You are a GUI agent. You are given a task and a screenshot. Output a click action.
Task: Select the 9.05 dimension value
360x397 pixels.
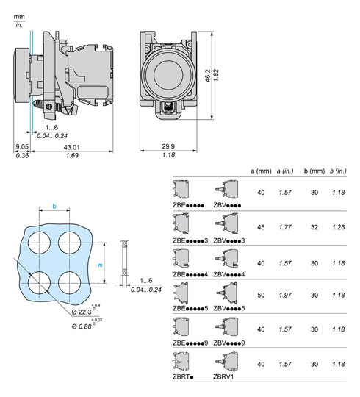coord(22,148)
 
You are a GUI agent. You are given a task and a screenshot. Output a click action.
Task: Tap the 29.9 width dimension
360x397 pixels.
coord(168,148)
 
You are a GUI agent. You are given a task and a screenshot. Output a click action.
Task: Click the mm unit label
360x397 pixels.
coord(18,15)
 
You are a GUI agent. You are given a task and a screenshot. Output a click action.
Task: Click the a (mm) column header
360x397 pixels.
coord(261,172)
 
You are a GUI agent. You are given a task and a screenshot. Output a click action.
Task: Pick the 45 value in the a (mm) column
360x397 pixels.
coord(261,229)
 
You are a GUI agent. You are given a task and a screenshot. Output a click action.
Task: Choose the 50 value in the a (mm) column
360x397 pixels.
coord(261,296)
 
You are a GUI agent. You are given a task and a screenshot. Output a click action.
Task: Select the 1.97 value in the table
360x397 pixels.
coord(285,296)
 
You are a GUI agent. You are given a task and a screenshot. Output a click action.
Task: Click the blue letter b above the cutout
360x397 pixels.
coord(55,207)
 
